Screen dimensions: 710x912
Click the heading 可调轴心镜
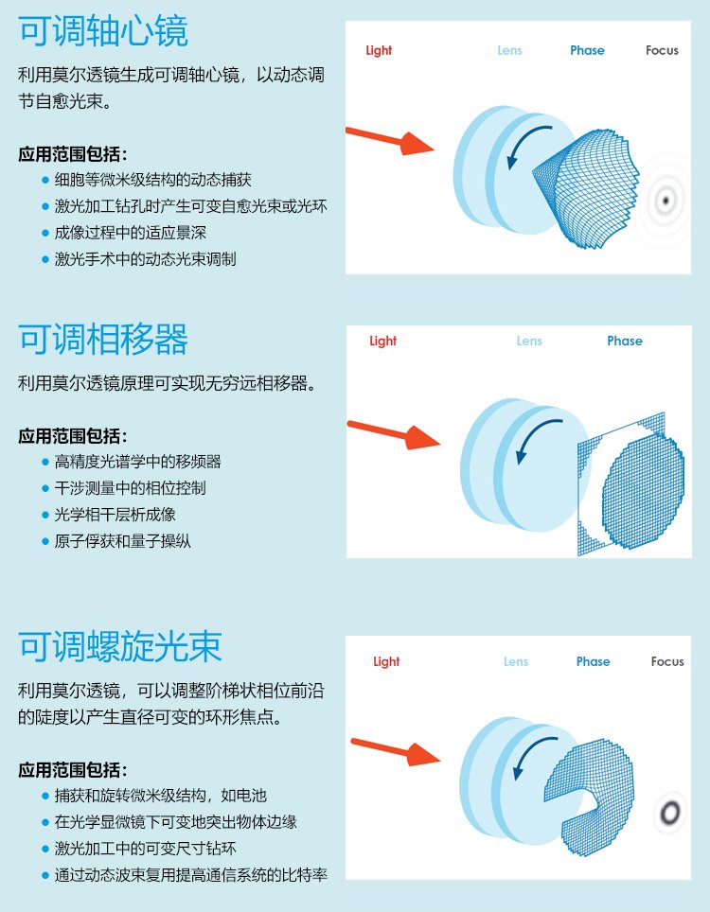point(103,31)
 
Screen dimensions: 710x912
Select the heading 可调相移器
point(103,339)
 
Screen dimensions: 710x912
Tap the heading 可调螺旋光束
point(120,646)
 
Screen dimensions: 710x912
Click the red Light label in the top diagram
point(379,50)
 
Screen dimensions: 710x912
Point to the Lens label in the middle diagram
point(529,341)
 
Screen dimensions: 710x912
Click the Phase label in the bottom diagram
point(593,661)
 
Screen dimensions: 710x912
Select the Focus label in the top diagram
point(662,50)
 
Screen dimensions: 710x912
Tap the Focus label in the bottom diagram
point(667,661)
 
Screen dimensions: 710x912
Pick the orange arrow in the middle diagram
point(394,434)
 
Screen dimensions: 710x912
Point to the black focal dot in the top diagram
point(666,202)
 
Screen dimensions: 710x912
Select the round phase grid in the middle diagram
point(643,492)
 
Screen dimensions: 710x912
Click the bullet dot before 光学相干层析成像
point(45,515)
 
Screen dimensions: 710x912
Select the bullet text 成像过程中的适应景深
point(131,233)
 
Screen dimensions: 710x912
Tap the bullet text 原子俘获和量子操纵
point(123,541)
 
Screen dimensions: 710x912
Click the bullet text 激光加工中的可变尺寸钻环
point(146,848)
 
